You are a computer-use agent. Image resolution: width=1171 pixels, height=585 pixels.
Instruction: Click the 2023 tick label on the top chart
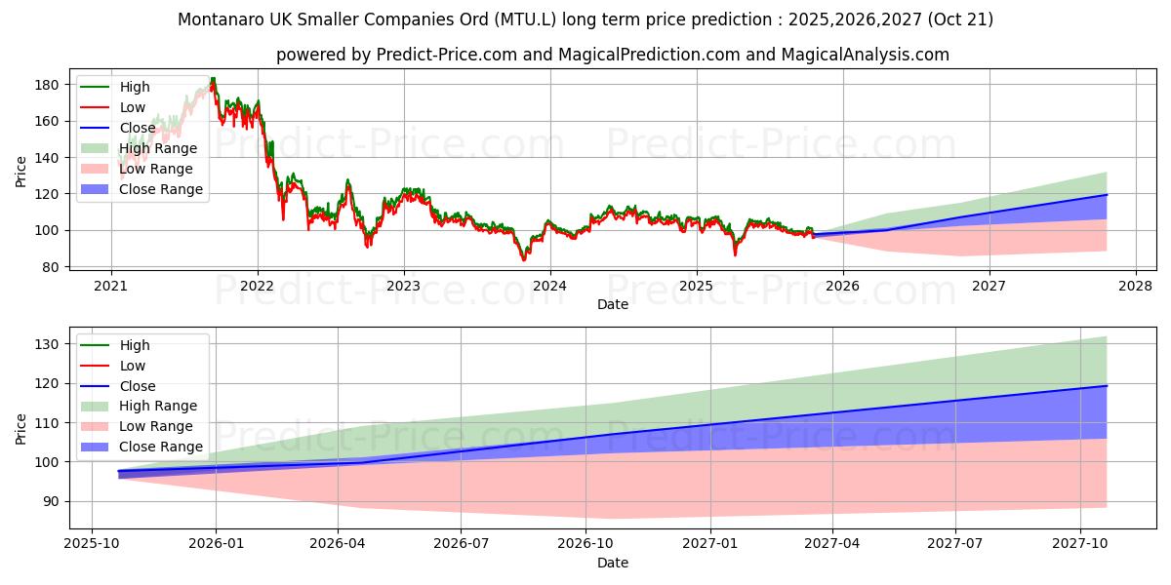(403, 286)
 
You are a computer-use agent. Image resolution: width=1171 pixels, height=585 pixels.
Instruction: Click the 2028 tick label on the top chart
(1135, 286)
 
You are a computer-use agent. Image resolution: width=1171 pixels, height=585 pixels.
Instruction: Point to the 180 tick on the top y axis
(46, 85)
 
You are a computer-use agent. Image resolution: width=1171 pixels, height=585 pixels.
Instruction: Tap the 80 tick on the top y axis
(50, 267)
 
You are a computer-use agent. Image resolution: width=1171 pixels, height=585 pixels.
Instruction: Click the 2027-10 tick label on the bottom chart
(1080, 543)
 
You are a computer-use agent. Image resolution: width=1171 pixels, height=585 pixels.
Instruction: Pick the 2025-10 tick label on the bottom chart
(92, 543)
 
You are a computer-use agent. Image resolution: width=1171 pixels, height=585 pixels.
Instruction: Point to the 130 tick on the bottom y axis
(46, 344)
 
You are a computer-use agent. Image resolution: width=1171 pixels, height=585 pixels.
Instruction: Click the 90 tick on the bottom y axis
(50, 501)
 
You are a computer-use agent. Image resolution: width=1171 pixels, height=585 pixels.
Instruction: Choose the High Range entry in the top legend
(157, 148)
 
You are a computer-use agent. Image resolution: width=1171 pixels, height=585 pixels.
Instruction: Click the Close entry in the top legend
(138, 128)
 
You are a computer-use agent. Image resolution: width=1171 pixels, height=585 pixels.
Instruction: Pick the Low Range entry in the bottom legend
(156, 426)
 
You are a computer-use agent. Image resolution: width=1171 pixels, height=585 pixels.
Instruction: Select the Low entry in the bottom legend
(133, 366)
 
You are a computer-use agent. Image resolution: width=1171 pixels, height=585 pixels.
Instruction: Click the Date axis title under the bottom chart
(612, 563)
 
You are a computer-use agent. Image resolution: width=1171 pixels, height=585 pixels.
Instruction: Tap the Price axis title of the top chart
(21, 173)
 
